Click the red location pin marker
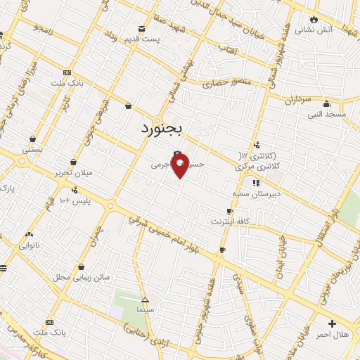click(x=180, y=166)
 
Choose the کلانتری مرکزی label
click(x=257, y=166)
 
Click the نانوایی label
click(x=32, y=245)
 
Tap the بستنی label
click(x=32, y=149)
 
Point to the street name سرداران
click(x=297, y=100)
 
